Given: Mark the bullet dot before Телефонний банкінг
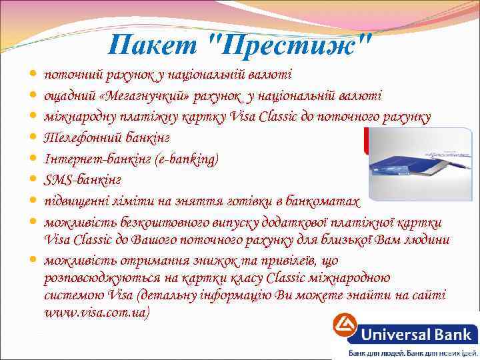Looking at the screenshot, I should pyautogui.click(x=34, y=139).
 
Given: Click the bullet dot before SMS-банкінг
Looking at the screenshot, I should pyautogui.click(x=34, y=180).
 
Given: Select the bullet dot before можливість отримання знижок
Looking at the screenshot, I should pyautogui.click(x=34, y=259).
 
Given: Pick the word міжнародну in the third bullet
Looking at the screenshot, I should pyautogui.click(x=77, y=117).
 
